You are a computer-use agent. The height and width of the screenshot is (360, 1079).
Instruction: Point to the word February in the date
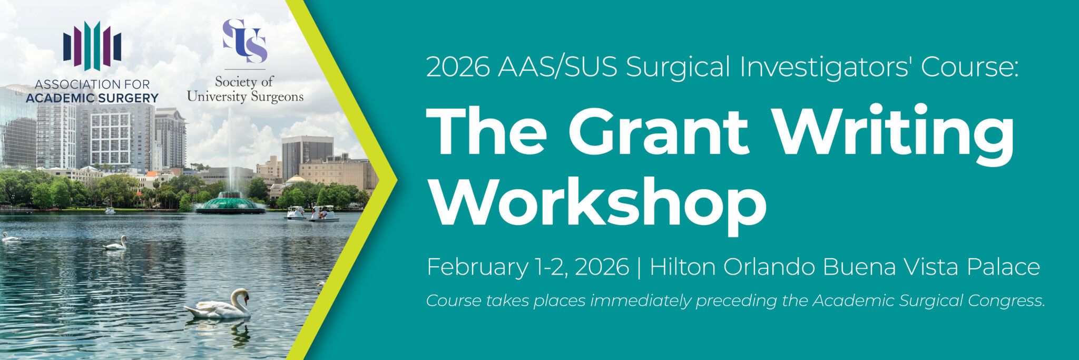click(477, 267)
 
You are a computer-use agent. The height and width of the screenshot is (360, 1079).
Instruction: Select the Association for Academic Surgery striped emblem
click(92, 46)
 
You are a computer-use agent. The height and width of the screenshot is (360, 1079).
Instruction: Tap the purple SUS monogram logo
click(244, 41)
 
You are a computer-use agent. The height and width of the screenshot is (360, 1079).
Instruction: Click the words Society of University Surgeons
click(246, 89)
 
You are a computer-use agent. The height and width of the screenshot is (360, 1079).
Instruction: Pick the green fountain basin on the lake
click(230, 203)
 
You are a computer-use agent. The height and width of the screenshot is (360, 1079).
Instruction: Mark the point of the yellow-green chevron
click(396, 179)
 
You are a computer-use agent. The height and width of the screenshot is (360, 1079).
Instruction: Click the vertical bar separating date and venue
click(640, 267)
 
